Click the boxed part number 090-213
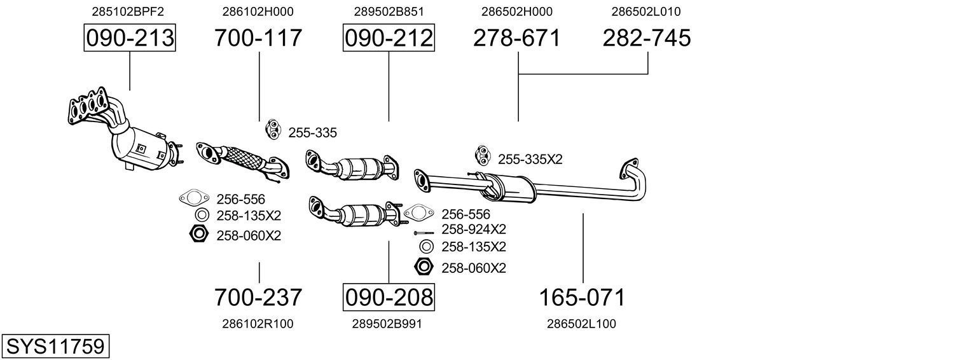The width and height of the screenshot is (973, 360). (x=130, y=38)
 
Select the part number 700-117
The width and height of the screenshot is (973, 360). (x=258, y=38)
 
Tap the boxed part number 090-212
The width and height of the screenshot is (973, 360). (x=389, y=38)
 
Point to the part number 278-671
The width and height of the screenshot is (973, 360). (x=517, y=38)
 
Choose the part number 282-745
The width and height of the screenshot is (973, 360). (x=647, y=38)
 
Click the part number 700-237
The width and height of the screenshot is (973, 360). (x=258, y=297)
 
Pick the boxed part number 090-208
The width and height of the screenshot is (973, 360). (x=389, y=297)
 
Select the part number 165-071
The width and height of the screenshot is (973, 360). (x=583, y=297)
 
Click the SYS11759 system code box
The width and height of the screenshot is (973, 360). (x=55, y=347)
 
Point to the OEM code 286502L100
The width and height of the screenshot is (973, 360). (x=581, y=324)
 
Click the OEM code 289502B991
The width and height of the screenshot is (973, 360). (x=387, y=324)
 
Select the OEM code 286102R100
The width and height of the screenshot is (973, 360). (x=258, y=324)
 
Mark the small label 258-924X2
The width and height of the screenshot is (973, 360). (x=474, y=230)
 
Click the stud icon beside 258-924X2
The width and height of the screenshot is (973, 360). (x=424, y=232)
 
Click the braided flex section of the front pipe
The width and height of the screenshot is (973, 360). (x=243, y=157)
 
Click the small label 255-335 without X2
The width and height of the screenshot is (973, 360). (x=312, y=133)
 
